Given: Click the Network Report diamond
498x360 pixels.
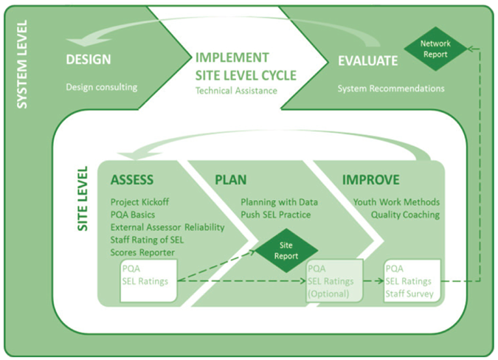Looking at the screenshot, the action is [x=435, y=49].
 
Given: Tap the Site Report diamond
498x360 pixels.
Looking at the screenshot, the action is [x=286, y=251].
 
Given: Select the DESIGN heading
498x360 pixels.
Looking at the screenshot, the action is [x=89, y=59].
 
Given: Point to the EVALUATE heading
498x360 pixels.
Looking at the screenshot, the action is [x=367, y=60].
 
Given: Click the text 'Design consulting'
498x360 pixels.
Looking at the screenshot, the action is [x=102, y=87].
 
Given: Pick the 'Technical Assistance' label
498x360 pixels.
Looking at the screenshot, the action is [x=236, y=91].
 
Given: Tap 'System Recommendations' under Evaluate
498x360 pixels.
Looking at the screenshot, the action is [x=391, y=89].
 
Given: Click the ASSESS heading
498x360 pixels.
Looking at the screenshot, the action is [x=132, y=180].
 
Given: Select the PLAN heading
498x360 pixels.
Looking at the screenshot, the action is [x=231, y=180].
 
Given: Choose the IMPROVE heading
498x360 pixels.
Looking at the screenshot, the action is [x=370, y=180].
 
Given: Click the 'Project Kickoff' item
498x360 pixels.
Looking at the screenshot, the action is [x=139, y=202].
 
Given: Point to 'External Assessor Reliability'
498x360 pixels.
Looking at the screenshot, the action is [x=167, y=227].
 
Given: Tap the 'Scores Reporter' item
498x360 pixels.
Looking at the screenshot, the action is [x=142, y=252].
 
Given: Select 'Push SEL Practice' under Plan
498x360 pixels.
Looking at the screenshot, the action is [x=276, y=215].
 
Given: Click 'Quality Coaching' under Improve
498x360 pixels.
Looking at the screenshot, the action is [x=405, y=215].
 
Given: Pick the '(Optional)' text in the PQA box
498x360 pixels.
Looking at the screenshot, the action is [x=328, y=294].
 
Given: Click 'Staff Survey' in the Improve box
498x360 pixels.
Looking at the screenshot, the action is [x=409, y=294].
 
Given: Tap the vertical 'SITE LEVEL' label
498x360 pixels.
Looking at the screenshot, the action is [x=82, y=198].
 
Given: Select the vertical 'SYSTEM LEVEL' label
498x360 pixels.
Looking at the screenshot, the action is [x=21, y=64].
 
